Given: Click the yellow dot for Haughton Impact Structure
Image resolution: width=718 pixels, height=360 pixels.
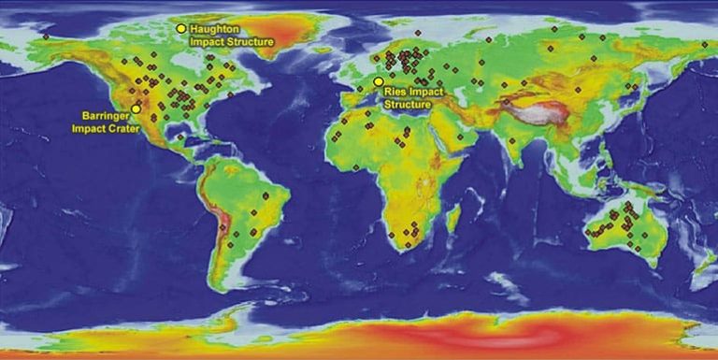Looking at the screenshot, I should click(181, 29).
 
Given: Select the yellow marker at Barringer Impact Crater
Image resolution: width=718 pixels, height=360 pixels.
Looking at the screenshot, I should click(136, 108).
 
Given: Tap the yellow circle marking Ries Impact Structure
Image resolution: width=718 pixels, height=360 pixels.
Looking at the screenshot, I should click(378, 82).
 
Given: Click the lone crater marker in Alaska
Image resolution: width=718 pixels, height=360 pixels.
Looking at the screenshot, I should click(45, 36).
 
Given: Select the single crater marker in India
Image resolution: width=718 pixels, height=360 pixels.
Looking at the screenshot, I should click(512, 141).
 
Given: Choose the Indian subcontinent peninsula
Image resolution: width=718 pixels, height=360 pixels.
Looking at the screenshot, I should click(515, 145).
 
